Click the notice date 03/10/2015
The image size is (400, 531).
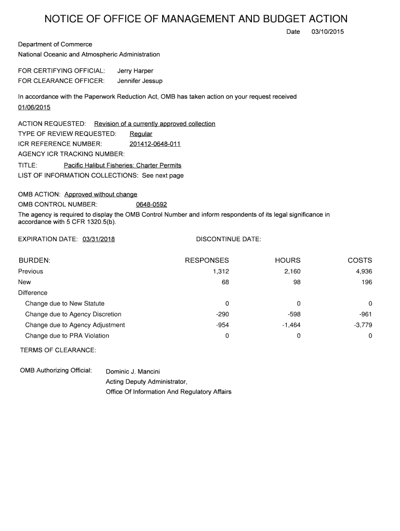[x=327, y=32]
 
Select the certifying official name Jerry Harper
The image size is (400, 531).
[x=135, y=71]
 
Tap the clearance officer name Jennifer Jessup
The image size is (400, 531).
[x=140, y=81]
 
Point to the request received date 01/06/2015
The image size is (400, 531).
[x=34, y=107]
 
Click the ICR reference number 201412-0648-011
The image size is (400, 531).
[x=155, y=144]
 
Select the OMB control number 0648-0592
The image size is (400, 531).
[x=151, y=204]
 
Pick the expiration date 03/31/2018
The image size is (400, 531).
[x=99, y=239]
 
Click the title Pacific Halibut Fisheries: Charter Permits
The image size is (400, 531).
[x=123, y=165]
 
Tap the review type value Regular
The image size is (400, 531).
[x=141, y=134]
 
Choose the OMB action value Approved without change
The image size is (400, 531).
[x=101, y=194]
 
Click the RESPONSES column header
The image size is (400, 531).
[x=207, y=260]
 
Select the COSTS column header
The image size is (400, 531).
[x=360, y=260]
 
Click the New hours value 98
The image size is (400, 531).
[x=296, y=282]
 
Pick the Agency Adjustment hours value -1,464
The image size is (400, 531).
[x=291, y=325]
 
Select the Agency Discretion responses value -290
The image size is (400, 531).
[x=222, y=314]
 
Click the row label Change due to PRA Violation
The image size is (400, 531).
[x=67, y=336]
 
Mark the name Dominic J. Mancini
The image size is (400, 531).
[x=133, y=371]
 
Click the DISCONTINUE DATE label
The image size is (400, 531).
[x=229, y=239]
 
